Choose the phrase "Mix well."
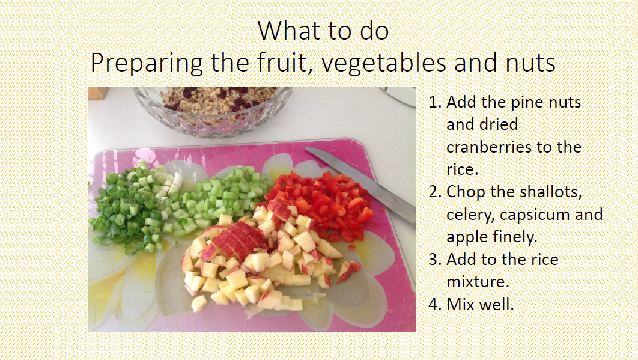point(481,304)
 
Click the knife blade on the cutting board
point(361,177)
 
